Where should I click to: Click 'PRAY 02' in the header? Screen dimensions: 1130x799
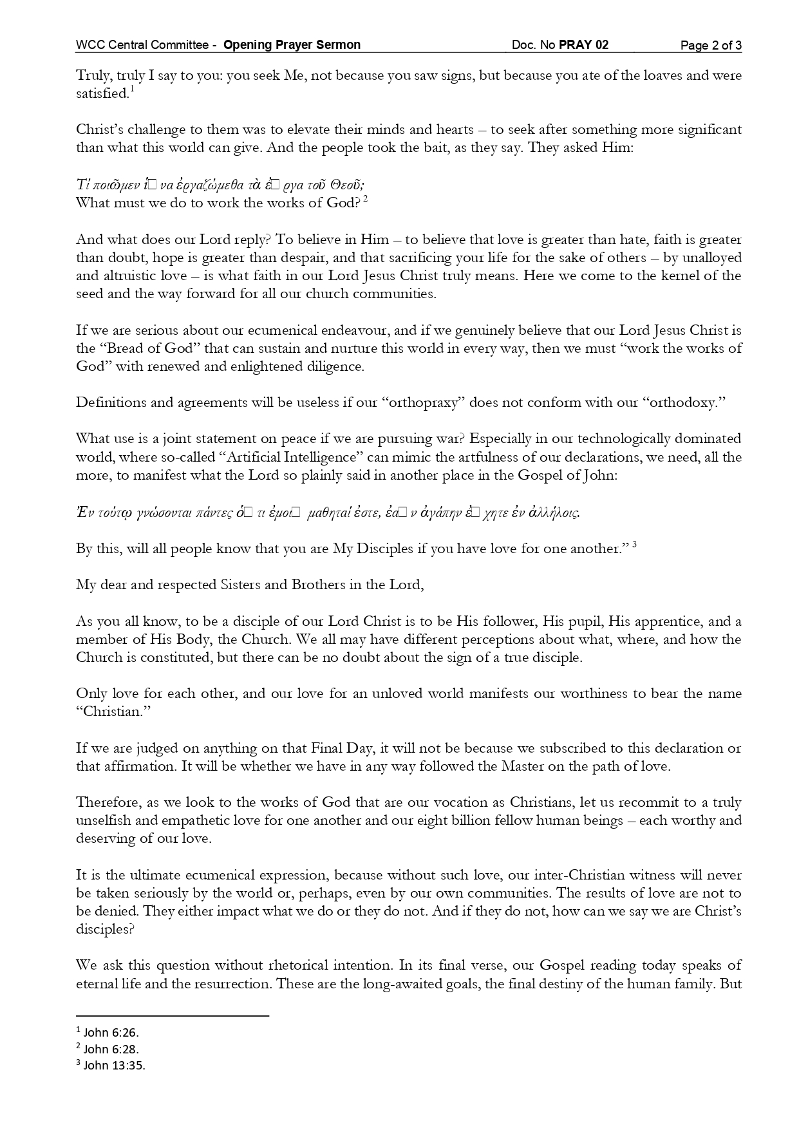pyautogui.click(x=583, y=45)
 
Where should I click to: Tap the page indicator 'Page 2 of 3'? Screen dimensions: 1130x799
pyautogui.click(x=711, y=45)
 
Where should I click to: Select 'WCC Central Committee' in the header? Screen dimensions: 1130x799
pyautogui.click(x=142, y=45)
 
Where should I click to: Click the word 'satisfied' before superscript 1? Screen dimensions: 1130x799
pyautogui.click(x=102, y=94)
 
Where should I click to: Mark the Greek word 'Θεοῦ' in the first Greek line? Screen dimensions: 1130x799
pyautogui.click(x=348, y=185)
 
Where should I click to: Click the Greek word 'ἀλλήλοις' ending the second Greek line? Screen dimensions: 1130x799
pyautogui.click(x=553, y=513)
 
